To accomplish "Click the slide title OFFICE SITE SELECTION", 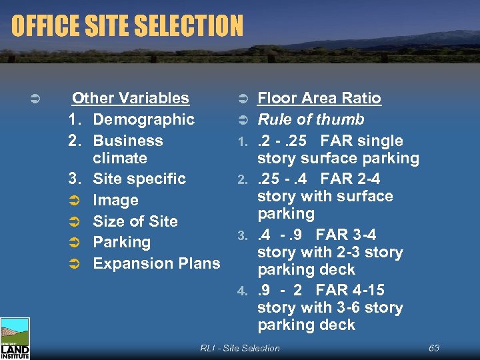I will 127,27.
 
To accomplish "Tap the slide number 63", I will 433,348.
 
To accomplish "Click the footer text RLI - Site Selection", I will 240,348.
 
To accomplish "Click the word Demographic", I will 143,119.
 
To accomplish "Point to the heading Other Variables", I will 131,98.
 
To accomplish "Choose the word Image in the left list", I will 115,200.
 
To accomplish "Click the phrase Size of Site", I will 135,221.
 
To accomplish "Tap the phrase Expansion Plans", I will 157,263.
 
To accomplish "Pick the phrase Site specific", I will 139,179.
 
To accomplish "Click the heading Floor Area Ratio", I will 319,98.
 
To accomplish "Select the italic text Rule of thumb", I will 311,119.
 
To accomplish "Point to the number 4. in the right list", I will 243,291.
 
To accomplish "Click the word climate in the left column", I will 120,158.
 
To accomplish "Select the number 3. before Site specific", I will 75,179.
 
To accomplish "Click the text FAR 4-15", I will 359,290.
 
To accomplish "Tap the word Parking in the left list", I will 122,242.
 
